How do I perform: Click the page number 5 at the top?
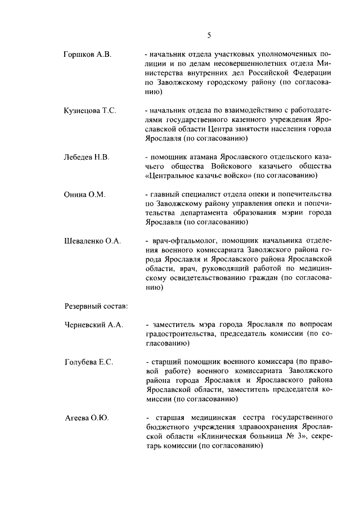pyautogui.click(x=209, y=35)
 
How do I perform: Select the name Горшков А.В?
pyautogui.click(x=88, y=55)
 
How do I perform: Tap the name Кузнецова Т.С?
pyautogui.click(x=91, y=111)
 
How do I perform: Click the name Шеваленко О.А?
pyautogui.click(x=93, y=241)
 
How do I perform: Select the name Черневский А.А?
pyautogui.click(x=94, y=325)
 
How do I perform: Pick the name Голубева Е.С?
pyautogui.click(x=89, y=362)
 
